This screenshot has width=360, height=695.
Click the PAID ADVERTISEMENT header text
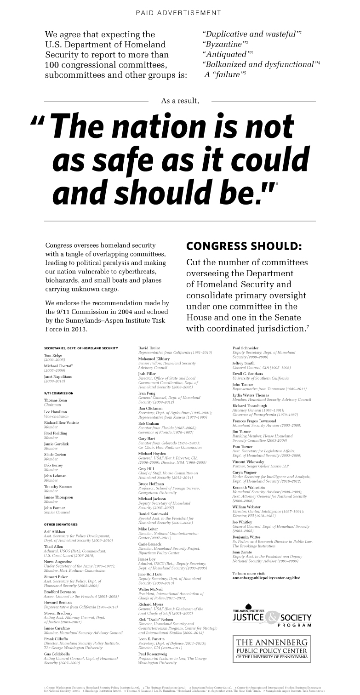tap(178, 13)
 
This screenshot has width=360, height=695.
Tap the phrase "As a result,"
tap(180, 101)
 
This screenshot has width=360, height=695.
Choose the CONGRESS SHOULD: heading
tap(244, 246)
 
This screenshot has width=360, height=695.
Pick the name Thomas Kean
tap(56, 401)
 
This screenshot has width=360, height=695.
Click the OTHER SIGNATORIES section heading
tap(61, 524)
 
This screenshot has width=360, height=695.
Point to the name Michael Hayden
tap(152, 454)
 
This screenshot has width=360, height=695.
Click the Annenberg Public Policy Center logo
tap(272, 648)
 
